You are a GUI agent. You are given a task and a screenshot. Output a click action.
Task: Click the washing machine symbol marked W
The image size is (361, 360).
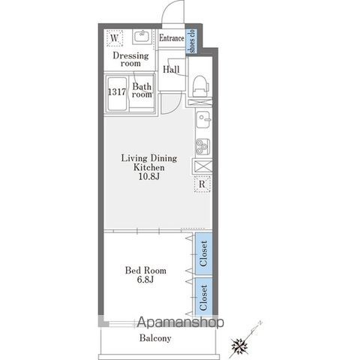[115, 38]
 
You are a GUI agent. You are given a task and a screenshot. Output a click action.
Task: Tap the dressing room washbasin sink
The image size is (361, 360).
[142, 37]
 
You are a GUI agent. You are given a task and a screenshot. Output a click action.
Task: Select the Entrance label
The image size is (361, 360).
[172, 38]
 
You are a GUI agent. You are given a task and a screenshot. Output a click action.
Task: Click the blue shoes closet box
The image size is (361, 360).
[191, 41]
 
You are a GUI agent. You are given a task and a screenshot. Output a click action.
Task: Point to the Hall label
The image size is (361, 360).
[171, 69]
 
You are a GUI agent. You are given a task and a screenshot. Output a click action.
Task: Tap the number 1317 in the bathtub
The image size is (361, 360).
[117, 92]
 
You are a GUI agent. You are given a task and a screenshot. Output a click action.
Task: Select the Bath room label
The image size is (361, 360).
[142, 90]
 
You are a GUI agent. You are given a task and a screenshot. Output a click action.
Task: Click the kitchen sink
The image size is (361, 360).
[203, 119]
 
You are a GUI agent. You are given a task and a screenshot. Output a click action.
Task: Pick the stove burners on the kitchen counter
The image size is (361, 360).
[203, 147]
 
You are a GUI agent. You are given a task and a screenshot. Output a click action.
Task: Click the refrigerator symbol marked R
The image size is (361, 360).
[202, 184]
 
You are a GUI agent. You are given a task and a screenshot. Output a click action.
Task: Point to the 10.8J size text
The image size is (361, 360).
[149, 176]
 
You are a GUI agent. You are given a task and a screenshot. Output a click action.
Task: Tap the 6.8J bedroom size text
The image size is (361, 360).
[146, 280]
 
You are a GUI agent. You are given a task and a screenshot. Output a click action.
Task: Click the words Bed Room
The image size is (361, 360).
[146, 270]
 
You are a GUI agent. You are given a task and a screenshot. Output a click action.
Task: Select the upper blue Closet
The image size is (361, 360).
[204, 253]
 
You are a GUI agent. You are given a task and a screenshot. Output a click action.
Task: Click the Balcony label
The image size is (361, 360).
[155, 338]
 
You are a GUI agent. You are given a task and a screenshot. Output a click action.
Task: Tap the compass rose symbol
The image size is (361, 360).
[239, 346]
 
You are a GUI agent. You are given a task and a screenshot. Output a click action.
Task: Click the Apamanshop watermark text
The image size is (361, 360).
[180, 322]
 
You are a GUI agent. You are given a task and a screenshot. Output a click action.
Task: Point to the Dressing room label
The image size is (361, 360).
[131, 59]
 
